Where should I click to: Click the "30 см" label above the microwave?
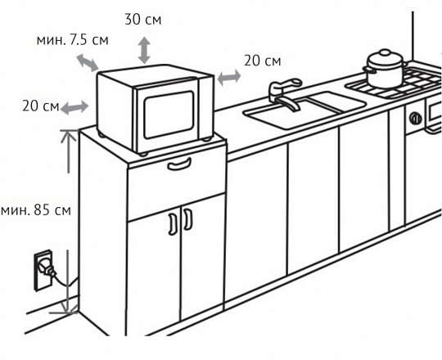point(143,20)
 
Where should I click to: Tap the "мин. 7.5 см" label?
point(73,40)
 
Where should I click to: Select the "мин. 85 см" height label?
point(36,210)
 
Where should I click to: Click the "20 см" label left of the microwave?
point(41,106)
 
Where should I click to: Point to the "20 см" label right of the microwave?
point(263,61)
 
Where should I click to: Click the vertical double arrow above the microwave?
point(144,50)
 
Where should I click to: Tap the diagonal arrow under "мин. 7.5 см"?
point(88,62)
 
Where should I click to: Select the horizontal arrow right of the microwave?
point(229,77)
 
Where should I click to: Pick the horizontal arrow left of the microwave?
point(74,107)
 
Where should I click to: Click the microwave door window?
point(169,115)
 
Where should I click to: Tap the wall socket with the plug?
point(43,271)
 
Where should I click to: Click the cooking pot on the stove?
point(385,70)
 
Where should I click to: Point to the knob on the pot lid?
point(385,52)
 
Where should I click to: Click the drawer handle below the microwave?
point(179,164)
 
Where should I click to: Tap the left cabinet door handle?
point(173,224)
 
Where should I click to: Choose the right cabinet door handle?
point(188,219)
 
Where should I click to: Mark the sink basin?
point(304,110)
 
